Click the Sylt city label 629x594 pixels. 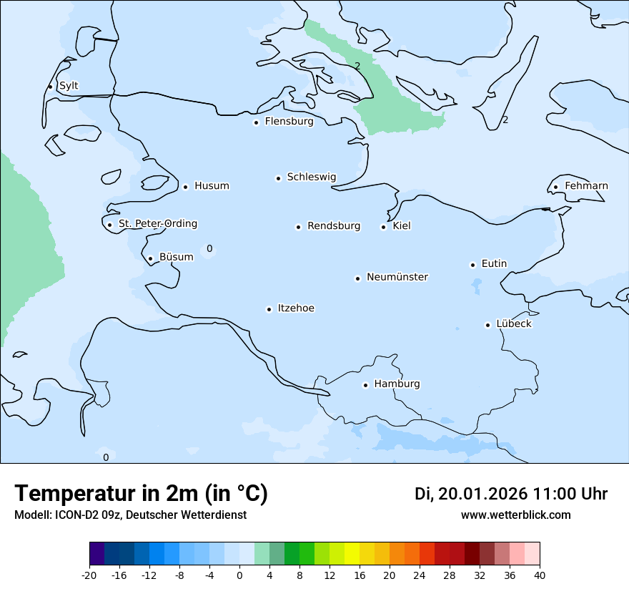click(x=69, y=86)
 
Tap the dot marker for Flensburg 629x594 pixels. click(x=256, y=122)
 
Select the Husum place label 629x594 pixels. click(x=212, y=186)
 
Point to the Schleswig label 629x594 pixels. click(x=311, y=177)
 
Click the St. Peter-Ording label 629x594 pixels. click(x=157, y=224)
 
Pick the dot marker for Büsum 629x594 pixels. click(x=150, y=258)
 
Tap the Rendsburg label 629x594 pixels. click(x=334, y=226)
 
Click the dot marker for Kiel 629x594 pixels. click(x=383, y=227)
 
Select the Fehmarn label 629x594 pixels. click(x=586, y=186)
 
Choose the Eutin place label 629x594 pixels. click(x=494, y=263)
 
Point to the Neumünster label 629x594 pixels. click(x=397, y=277)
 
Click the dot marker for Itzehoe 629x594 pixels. click(x=269, y=309)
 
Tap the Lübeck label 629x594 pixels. click(x=513, y=323)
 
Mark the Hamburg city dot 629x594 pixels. click(x=365, y=385)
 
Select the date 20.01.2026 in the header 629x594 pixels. click(x=482, y=494)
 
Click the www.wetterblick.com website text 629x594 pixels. click(x=515, y=515)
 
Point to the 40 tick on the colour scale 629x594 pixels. click(x=540, y=575)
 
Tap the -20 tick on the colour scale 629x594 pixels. click(x=89, y=575)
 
